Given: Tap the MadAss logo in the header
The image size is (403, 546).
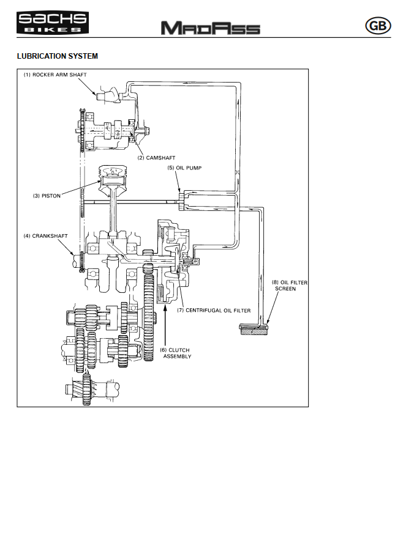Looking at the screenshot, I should pyautogui.click(x=210, y=28).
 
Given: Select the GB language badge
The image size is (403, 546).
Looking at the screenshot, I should pyautogui.click(x=376, y=26).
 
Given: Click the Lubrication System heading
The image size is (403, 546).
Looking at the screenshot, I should pyautogui.click(x=57, y=56).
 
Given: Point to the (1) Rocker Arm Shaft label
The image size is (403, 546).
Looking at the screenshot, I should pyautogui.click(x=55, y=75).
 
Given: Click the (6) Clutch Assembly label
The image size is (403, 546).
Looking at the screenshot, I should pyautogui.click(x=177, y=353).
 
